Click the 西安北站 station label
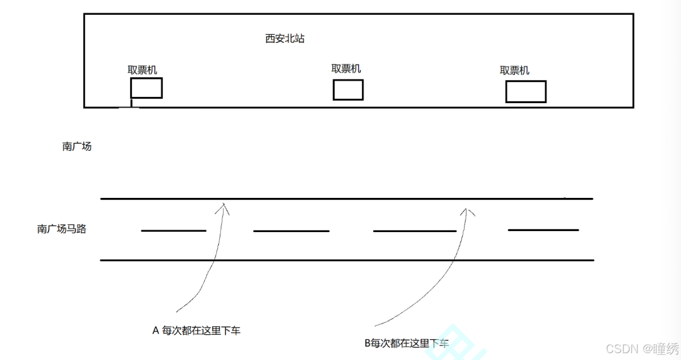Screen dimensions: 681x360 coord(285,39)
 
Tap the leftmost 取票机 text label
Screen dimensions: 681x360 coord(142,70)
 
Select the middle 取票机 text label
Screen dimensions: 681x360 coord(346,69)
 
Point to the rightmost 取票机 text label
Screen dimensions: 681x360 coord(514,71)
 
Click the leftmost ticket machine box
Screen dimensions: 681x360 coord(146,88)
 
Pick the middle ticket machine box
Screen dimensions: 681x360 coord(348,89)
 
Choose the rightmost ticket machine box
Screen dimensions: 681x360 coord(526,92)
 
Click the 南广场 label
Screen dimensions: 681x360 coord(77,147)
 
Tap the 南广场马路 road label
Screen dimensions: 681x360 coord(62,229)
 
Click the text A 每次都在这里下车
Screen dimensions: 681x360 coord(196,331)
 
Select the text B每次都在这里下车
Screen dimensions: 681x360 coord(407,344)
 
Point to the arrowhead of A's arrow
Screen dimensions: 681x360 coord(225,206)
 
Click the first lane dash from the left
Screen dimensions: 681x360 coord(173,231)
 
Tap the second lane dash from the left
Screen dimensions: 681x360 coord(291,231)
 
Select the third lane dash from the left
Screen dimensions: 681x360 coord(415,231)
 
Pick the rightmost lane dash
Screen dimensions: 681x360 coord(543,230)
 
